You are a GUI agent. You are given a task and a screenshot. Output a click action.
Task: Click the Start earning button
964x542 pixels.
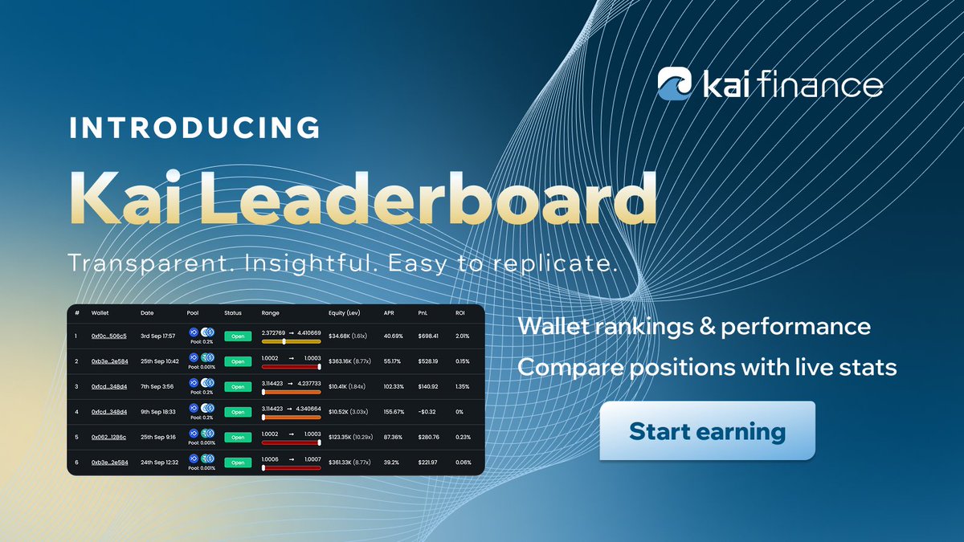(x=707, y=431)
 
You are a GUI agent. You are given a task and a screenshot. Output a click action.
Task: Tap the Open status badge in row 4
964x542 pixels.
(x=237, y=412)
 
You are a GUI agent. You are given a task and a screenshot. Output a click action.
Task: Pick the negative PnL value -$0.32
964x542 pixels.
(x=429, y=412)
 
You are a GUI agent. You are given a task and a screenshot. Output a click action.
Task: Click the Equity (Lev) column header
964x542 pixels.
(x=349, y=312)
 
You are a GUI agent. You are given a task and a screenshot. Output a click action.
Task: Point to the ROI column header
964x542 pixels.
(x=460, y=312)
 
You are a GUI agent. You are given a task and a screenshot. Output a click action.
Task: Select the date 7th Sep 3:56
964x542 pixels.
(x=157, y=386)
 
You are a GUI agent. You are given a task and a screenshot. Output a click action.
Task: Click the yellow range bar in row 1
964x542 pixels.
(x=291, y=341)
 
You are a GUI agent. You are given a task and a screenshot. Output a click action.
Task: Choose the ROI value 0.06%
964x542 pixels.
(x=464, y=463)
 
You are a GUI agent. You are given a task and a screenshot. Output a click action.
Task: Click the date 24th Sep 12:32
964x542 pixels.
(x=161, y=463)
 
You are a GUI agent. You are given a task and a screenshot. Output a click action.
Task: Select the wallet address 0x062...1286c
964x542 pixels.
(x=108, y=437)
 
